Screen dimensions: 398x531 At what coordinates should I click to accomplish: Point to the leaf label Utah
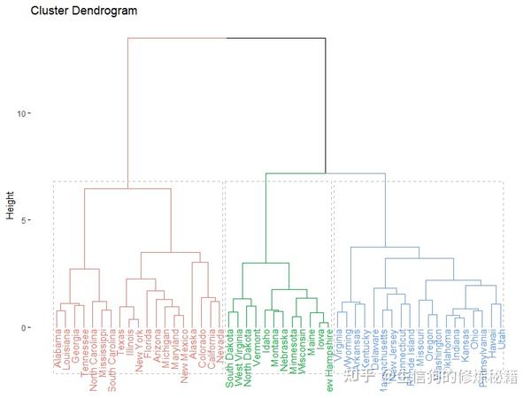click(502, 341)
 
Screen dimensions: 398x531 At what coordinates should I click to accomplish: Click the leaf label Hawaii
click(492, 345)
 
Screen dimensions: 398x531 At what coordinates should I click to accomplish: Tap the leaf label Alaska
click(192, 347)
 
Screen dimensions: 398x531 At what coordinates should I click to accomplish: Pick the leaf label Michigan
click(164, 350)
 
